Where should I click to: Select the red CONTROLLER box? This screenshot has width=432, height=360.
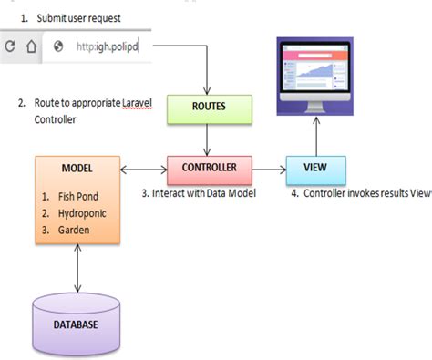click(210, 169)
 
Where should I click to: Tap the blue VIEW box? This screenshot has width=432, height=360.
click(315, 169)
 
